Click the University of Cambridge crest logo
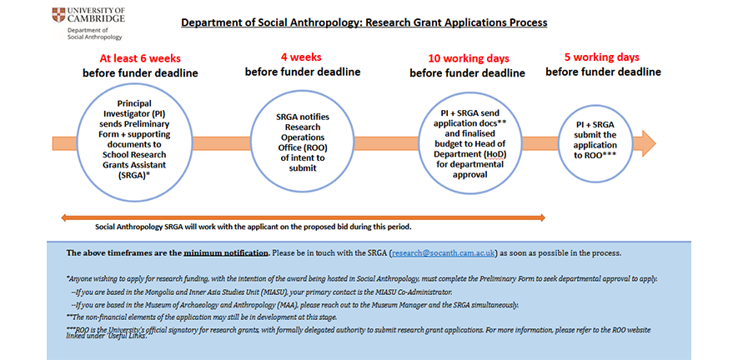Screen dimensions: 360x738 [57, 14]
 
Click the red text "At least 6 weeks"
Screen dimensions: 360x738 [140, 58]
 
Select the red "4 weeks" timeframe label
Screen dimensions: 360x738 [303, 57]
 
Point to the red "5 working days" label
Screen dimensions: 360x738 [602, 57]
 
